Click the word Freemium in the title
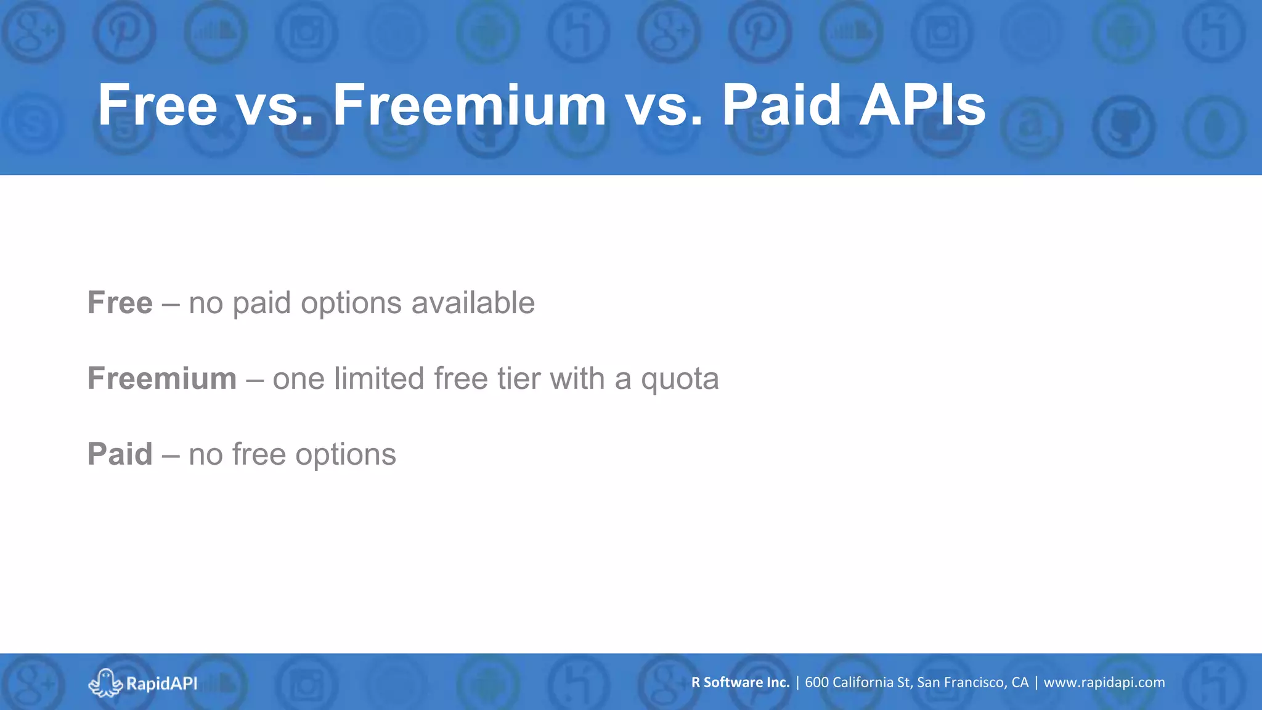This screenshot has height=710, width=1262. point(470,105)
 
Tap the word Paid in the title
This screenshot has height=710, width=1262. point(781,105)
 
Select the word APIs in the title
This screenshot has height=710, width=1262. point(922,105)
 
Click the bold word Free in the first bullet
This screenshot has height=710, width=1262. point(120,303)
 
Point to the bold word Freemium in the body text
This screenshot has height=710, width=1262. point(162,378)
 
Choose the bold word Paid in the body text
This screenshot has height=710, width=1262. point(120,454)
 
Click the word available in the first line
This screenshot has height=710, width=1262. point(473,303)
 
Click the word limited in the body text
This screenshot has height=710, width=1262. point(379,378)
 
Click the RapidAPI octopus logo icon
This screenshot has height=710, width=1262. point(105,683)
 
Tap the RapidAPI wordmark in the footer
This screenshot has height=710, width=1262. point(161,683)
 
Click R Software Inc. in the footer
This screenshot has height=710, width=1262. point(740,682)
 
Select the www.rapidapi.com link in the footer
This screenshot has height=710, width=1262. point(1104,683)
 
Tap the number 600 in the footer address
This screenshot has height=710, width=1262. point(816,682)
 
